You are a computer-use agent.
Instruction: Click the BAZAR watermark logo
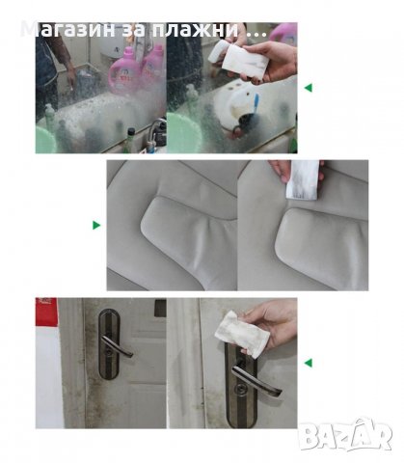pos(345,435)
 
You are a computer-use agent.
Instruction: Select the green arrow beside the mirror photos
pos(309,88)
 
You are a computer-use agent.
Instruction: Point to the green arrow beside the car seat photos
pos(96,225)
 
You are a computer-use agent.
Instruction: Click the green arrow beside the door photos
pos(309,363)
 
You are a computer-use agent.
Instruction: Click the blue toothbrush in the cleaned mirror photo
pos(256,103)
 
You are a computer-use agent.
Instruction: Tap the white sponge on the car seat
pos(302,180)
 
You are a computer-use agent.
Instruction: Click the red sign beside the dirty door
pos(46,312)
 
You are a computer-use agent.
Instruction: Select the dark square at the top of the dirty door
pos(160,308)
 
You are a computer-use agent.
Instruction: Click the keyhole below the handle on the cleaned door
pos(240,389)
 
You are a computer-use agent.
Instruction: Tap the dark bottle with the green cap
pos(130,140)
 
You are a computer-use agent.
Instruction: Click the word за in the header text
pos(133,31)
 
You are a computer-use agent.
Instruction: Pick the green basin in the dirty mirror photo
pos(45,140)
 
